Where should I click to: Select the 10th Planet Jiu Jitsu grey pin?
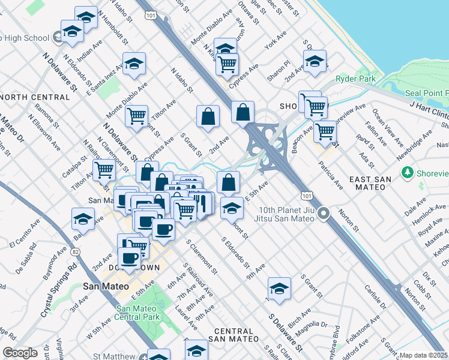tap(324, 213)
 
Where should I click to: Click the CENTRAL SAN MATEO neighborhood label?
tap(234, 335)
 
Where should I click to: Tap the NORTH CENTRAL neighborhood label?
tap(35, 97)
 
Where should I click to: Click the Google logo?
tap(20, 353)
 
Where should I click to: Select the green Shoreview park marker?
tap(408, 173)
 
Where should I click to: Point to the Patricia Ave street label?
tap(331, 175)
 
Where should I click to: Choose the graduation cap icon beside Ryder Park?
tap(315, 62)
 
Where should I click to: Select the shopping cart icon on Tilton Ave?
tap(137, 115)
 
